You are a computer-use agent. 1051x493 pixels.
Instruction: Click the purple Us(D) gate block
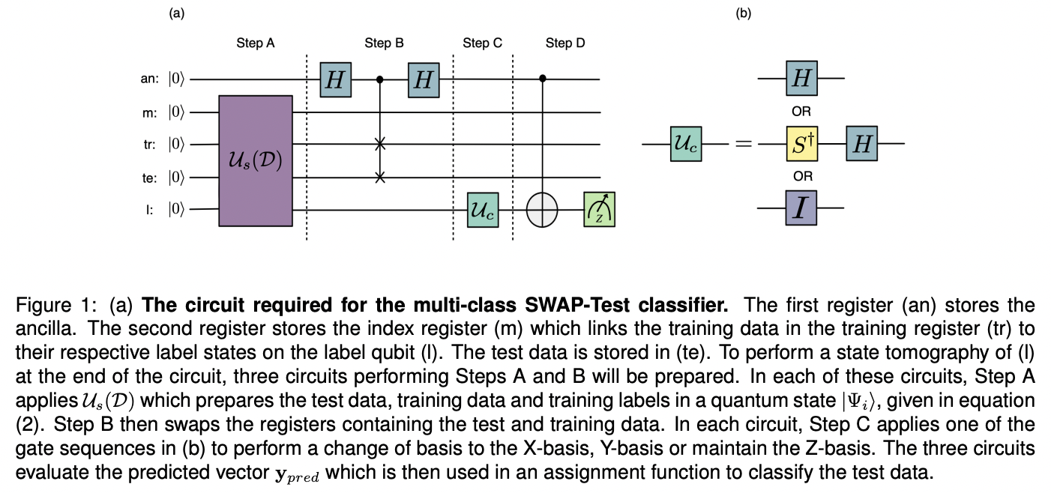255,160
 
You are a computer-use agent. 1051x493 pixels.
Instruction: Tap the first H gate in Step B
334,78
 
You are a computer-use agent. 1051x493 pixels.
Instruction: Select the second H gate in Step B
424,78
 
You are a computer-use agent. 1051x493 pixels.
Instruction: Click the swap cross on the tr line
380,144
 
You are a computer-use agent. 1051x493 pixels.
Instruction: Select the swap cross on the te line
380,178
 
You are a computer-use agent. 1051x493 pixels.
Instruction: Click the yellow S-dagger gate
801,143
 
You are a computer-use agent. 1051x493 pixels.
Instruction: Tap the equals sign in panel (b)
742,144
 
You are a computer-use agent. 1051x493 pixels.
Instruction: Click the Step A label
255,43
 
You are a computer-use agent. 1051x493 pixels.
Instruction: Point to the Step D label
565,43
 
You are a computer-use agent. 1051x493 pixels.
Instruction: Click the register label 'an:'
150,78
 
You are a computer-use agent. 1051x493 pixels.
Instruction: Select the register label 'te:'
150,178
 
